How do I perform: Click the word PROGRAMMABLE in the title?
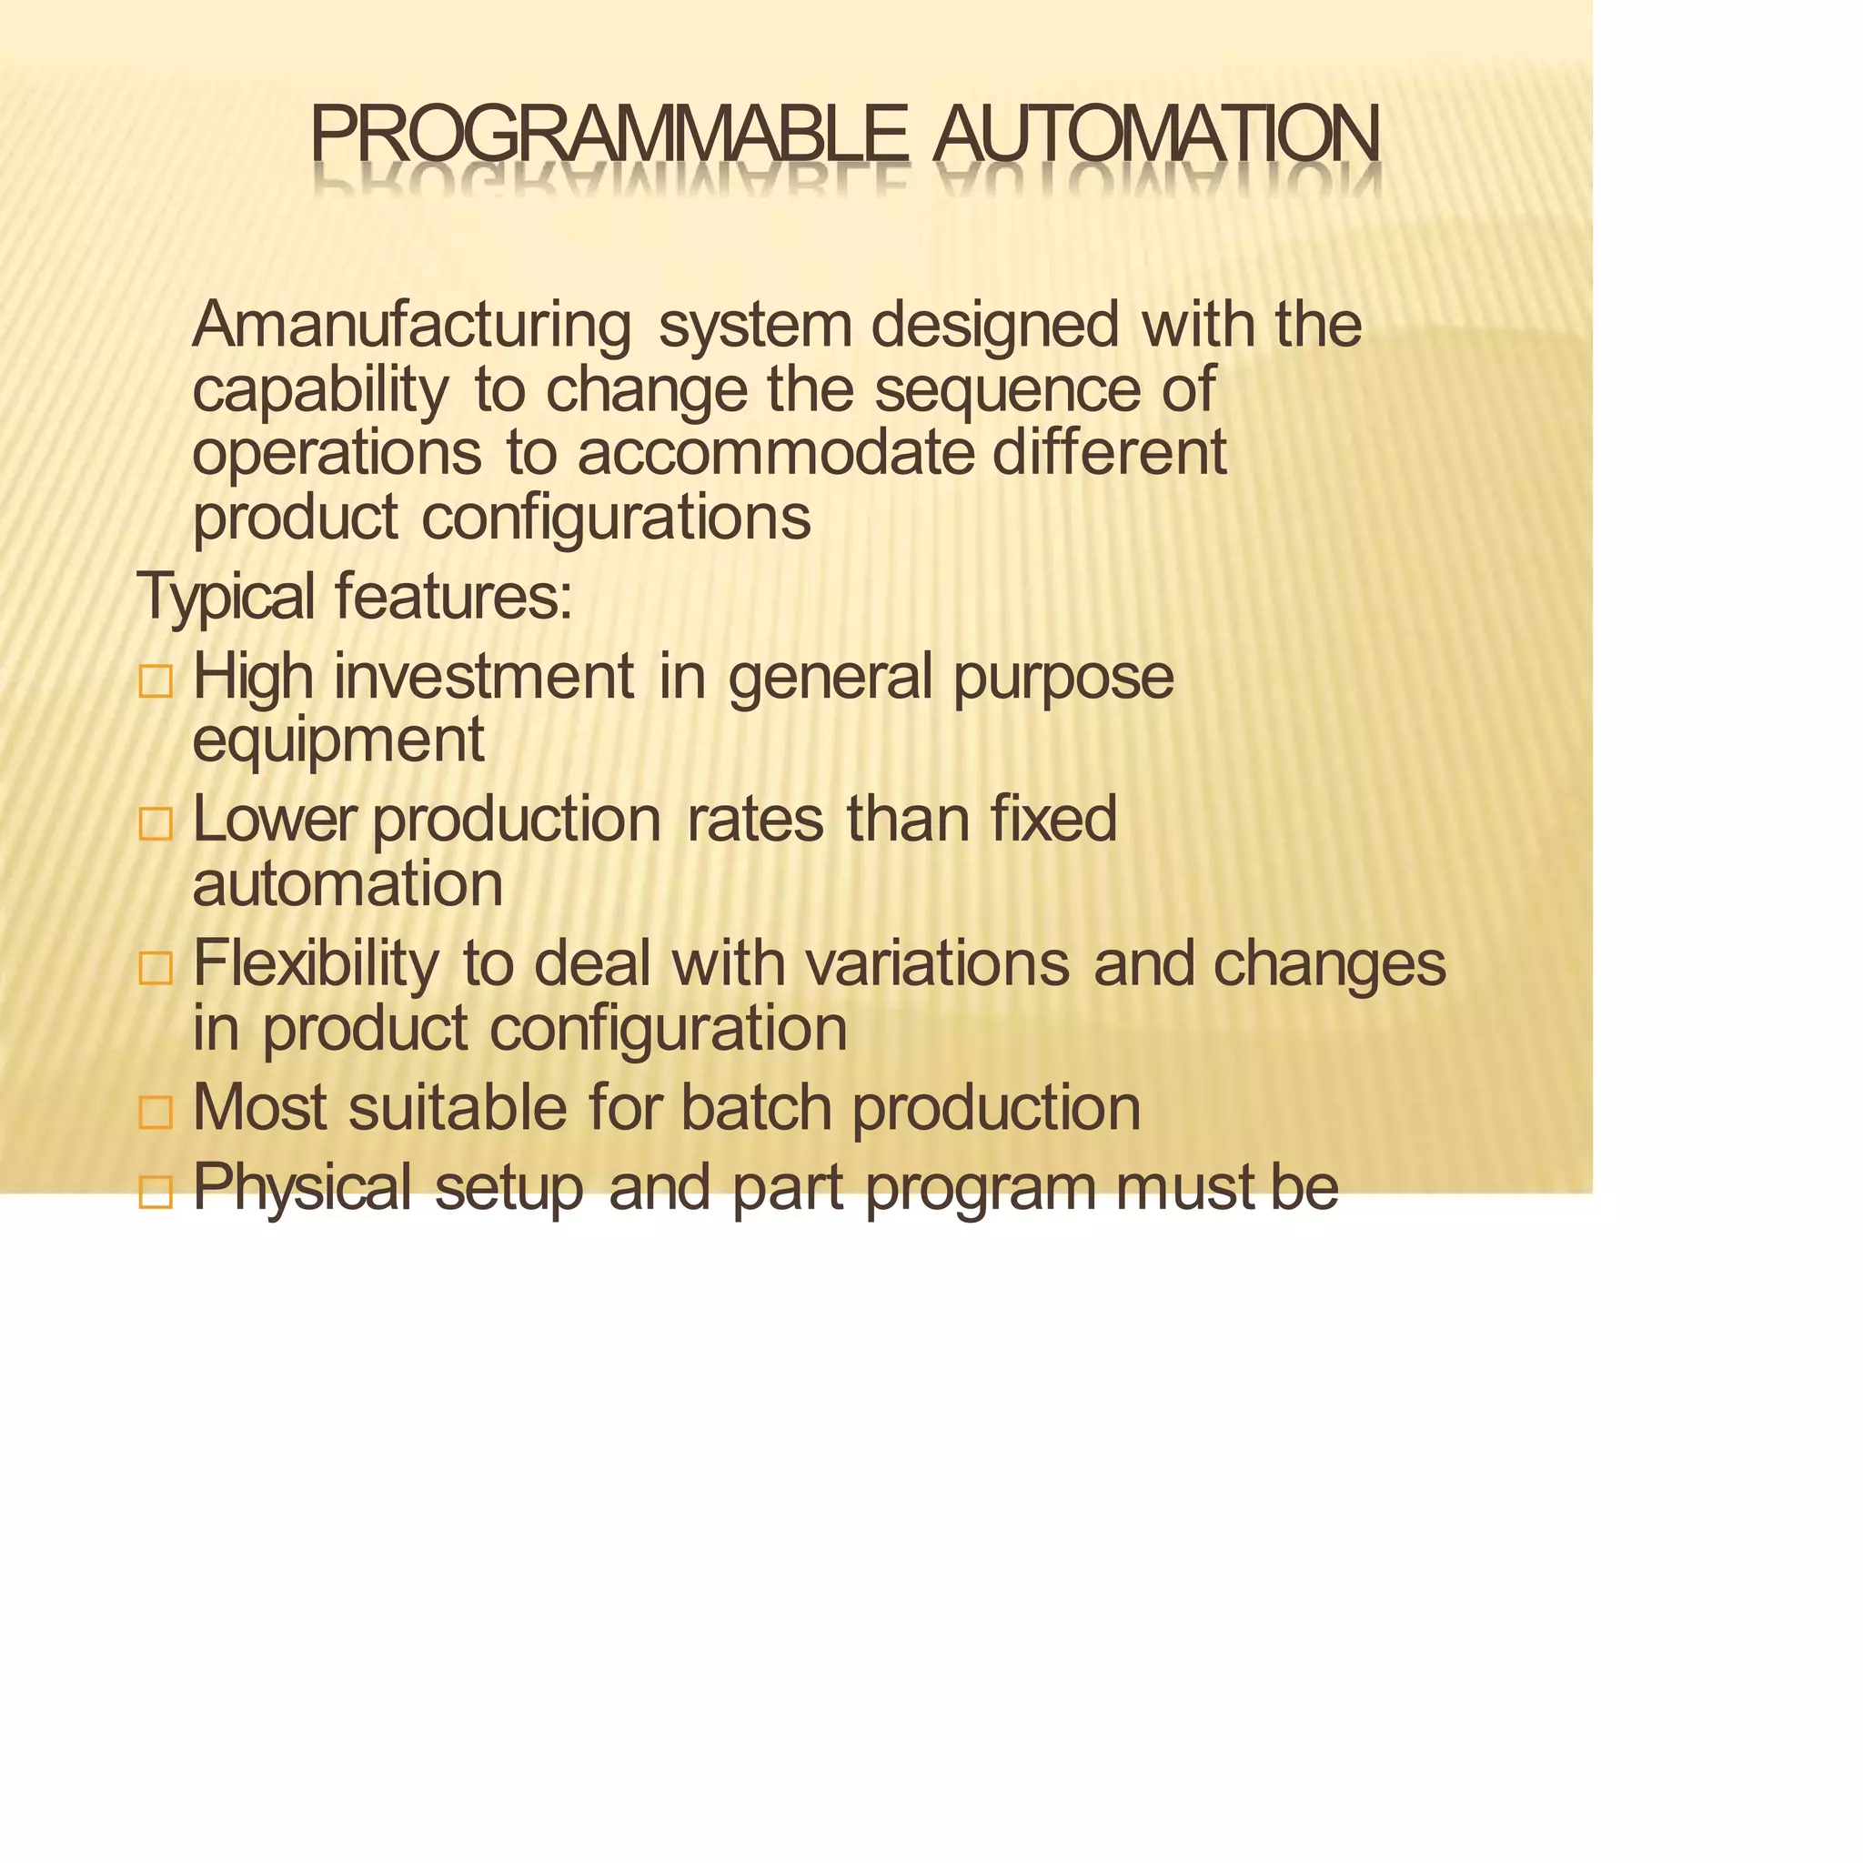(609, 135)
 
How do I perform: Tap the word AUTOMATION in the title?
(1156, 135)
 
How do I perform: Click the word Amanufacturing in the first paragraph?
(412, 325)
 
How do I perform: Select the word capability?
(320, 390)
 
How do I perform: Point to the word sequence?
(1007, 390)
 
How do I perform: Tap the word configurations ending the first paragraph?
(616, 519)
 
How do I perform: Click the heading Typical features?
(355, 597)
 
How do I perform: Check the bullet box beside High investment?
(156, 680)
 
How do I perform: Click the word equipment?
(337, 740)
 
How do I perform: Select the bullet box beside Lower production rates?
(156, 824)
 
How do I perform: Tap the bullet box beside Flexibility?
(156, 968)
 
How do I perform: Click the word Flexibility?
(316, 963)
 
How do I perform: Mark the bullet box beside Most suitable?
(156, 1112)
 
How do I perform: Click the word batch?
(756, 1108)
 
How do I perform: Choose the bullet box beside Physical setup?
(156, 1193)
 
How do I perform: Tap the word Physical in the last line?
(302, 1188)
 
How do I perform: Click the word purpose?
(1062, 677)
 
